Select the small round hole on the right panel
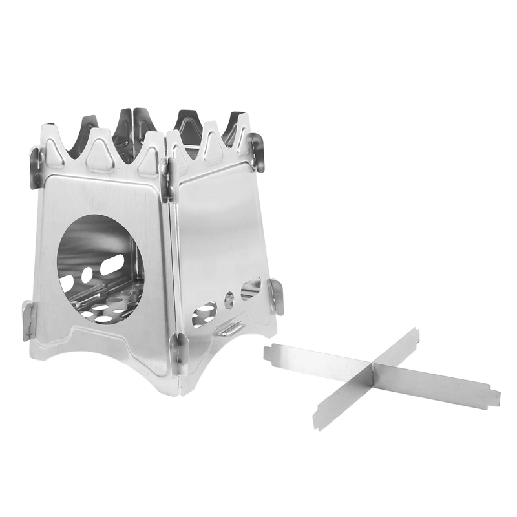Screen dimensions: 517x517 tap(229, 299)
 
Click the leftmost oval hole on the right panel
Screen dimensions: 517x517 tap(204, 311)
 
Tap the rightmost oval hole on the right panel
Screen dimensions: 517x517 tap(251, 288)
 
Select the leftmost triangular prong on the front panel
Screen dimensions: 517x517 tap(53, 146)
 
